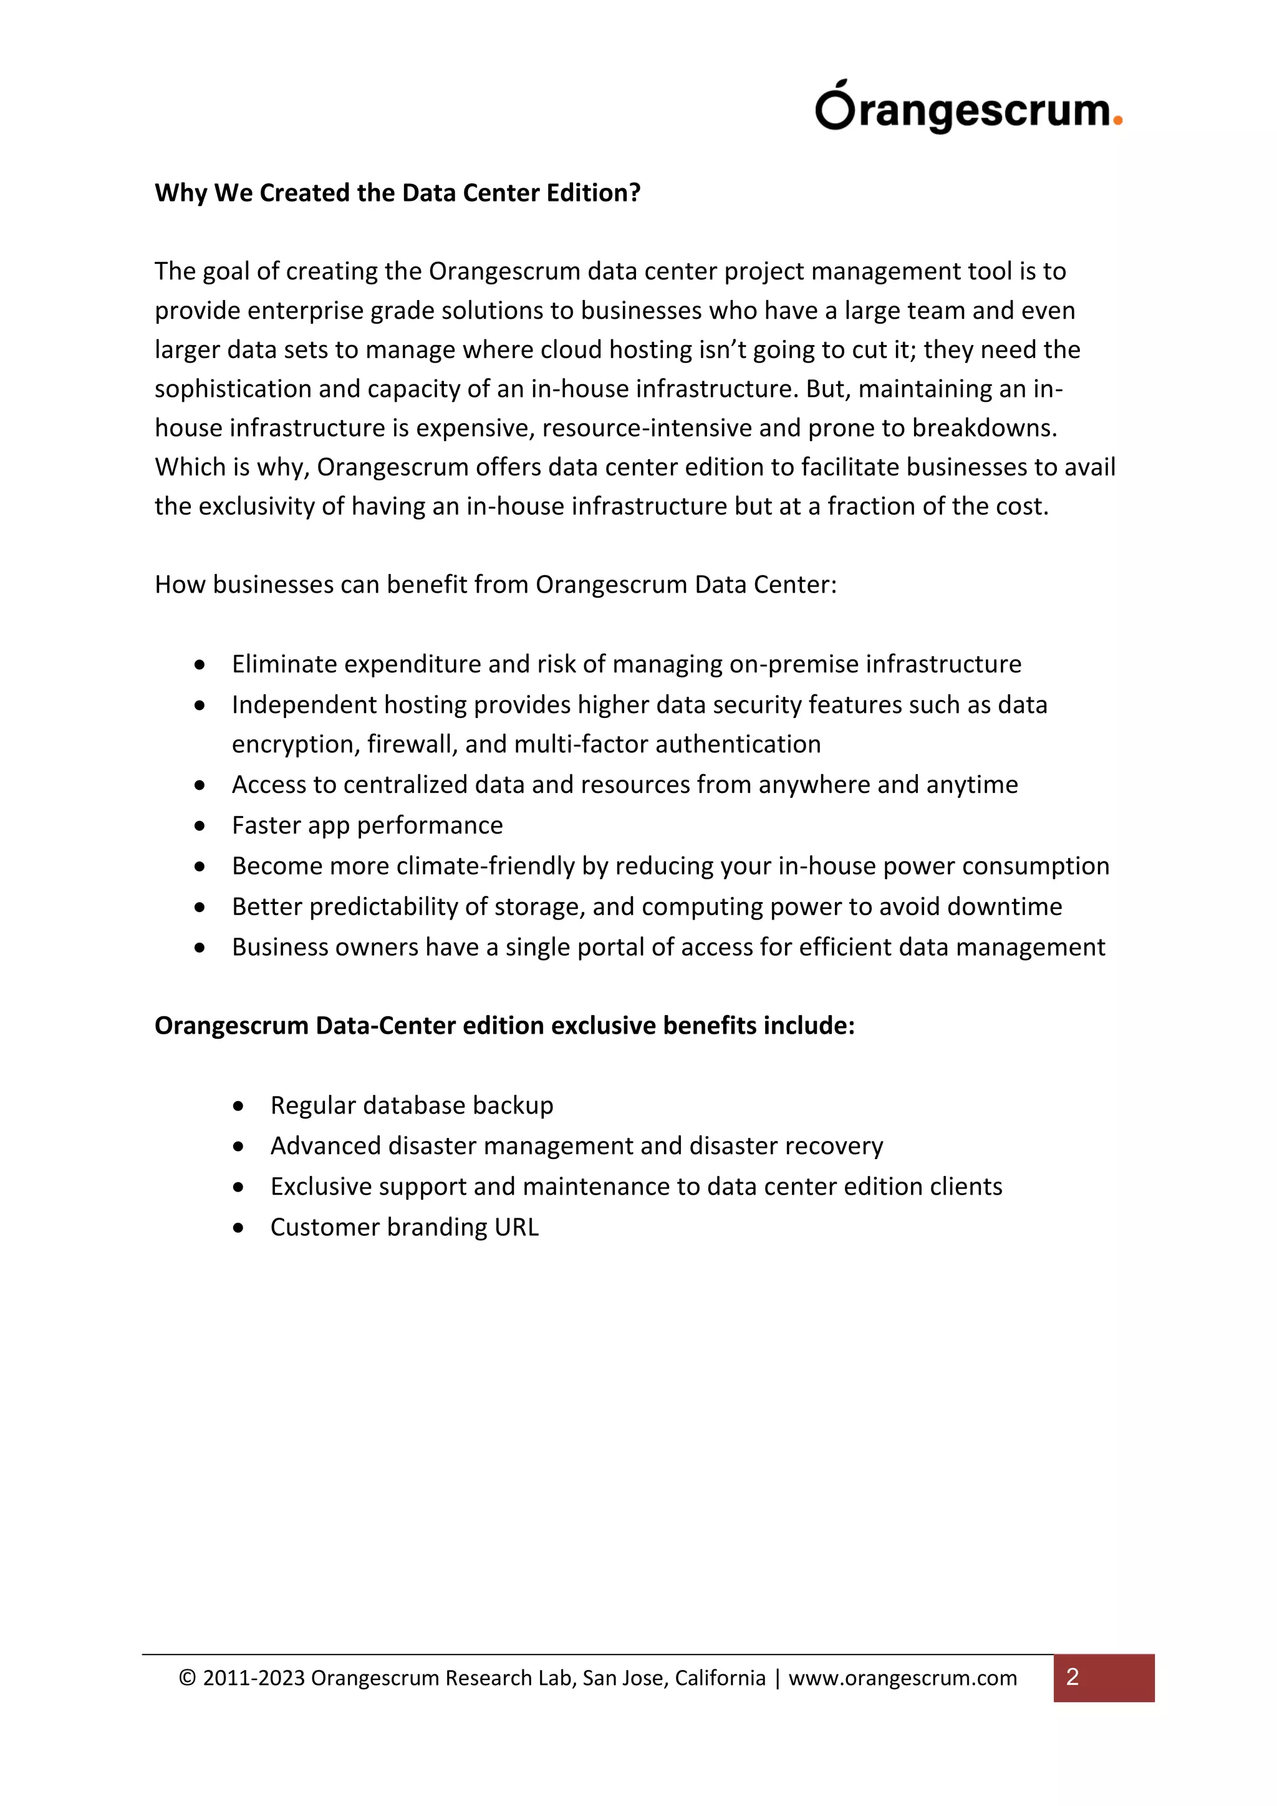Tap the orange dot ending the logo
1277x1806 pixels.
click(1117, 121)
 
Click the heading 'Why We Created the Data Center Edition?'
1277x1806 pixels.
click(397, 193)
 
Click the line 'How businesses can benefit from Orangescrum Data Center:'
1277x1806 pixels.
click(495, 585)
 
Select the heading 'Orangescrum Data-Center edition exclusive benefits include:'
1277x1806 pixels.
click(504, 1026)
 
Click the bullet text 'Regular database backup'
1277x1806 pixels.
click(412, 1105)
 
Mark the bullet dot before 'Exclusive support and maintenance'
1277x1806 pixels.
click(238, 1187)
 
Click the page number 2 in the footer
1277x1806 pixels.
click(1072, 1677)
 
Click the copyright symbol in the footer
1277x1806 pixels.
click(187, 1677)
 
